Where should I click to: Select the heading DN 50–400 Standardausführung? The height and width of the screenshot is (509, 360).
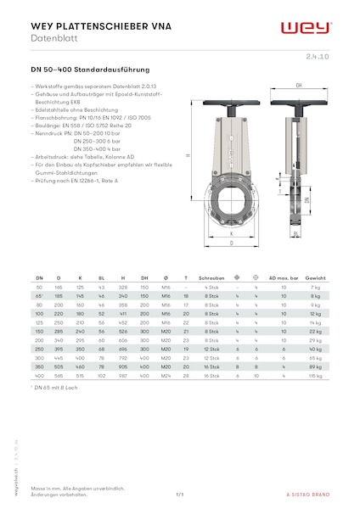coord(90,68)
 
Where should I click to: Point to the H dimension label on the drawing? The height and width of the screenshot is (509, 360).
coord(188,155)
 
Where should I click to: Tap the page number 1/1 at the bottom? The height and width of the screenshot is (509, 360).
coord(180,495)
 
